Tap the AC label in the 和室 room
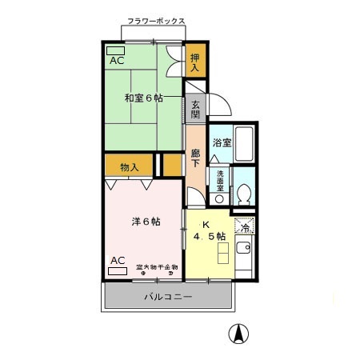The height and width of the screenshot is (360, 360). tap(116, 61)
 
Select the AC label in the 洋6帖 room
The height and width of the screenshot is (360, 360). tap(117, 261)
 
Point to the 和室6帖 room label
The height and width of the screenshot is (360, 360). tap(142, 98)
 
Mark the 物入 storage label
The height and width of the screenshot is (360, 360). tap(130, 167)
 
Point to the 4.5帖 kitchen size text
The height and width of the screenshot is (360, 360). tap(210, 236)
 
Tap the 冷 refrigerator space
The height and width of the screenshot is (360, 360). tap(245, 227)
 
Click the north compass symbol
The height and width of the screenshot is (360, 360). tap(238, 334)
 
